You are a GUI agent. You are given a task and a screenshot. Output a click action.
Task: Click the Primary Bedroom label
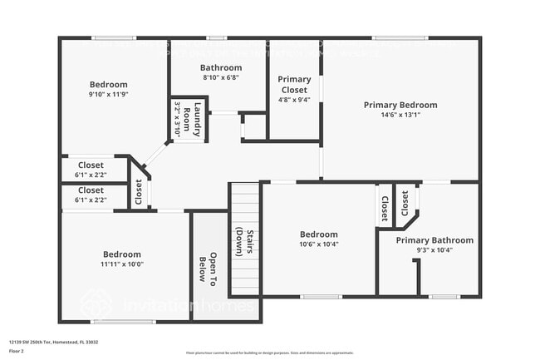(400, 105)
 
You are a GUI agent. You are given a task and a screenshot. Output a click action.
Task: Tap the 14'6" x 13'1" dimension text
(400, 116)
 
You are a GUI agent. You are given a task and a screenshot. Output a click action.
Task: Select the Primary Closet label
(294, 84)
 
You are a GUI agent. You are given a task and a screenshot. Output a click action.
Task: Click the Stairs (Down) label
(243, 241)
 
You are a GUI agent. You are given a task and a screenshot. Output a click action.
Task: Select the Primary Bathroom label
(434, 240)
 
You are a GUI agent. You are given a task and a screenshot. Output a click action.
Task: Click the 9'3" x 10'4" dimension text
(434, 249)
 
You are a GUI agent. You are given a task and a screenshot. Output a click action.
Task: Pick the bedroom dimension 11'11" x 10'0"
(123, 264)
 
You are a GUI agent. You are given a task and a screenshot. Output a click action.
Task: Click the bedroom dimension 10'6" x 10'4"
(319, 244)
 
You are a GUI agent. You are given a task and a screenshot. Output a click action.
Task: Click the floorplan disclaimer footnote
(269, 354)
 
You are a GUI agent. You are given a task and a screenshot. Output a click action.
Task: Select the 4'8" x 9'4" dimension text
(294, 100)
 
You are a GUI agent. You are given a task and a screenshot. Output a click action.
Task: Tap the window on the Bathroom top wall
(217, 37)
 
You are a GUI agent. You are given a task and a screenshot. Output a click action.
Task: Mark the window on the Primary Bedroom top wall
(400, 37)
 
